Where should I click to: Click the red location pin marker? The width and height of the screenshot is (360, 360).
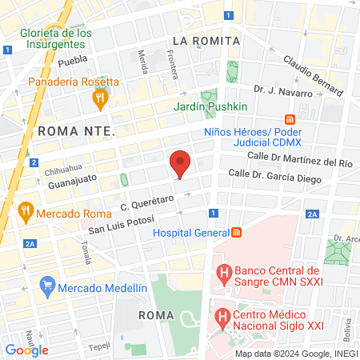pos(180,164)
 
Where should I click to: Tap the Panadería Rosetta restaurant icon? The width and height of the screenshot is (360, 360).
pos(100,99)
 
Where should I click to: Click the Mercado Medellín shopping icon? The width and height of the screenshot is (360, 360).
pos(47,285)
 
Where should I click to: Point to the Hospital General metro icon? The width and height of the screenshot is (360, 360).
pos(237,234)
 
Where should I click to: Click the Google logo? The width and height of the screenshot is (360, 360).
pos(27,350)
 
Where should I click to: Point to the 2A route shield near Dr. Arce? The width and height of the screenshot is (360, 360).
pos(312,214)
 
